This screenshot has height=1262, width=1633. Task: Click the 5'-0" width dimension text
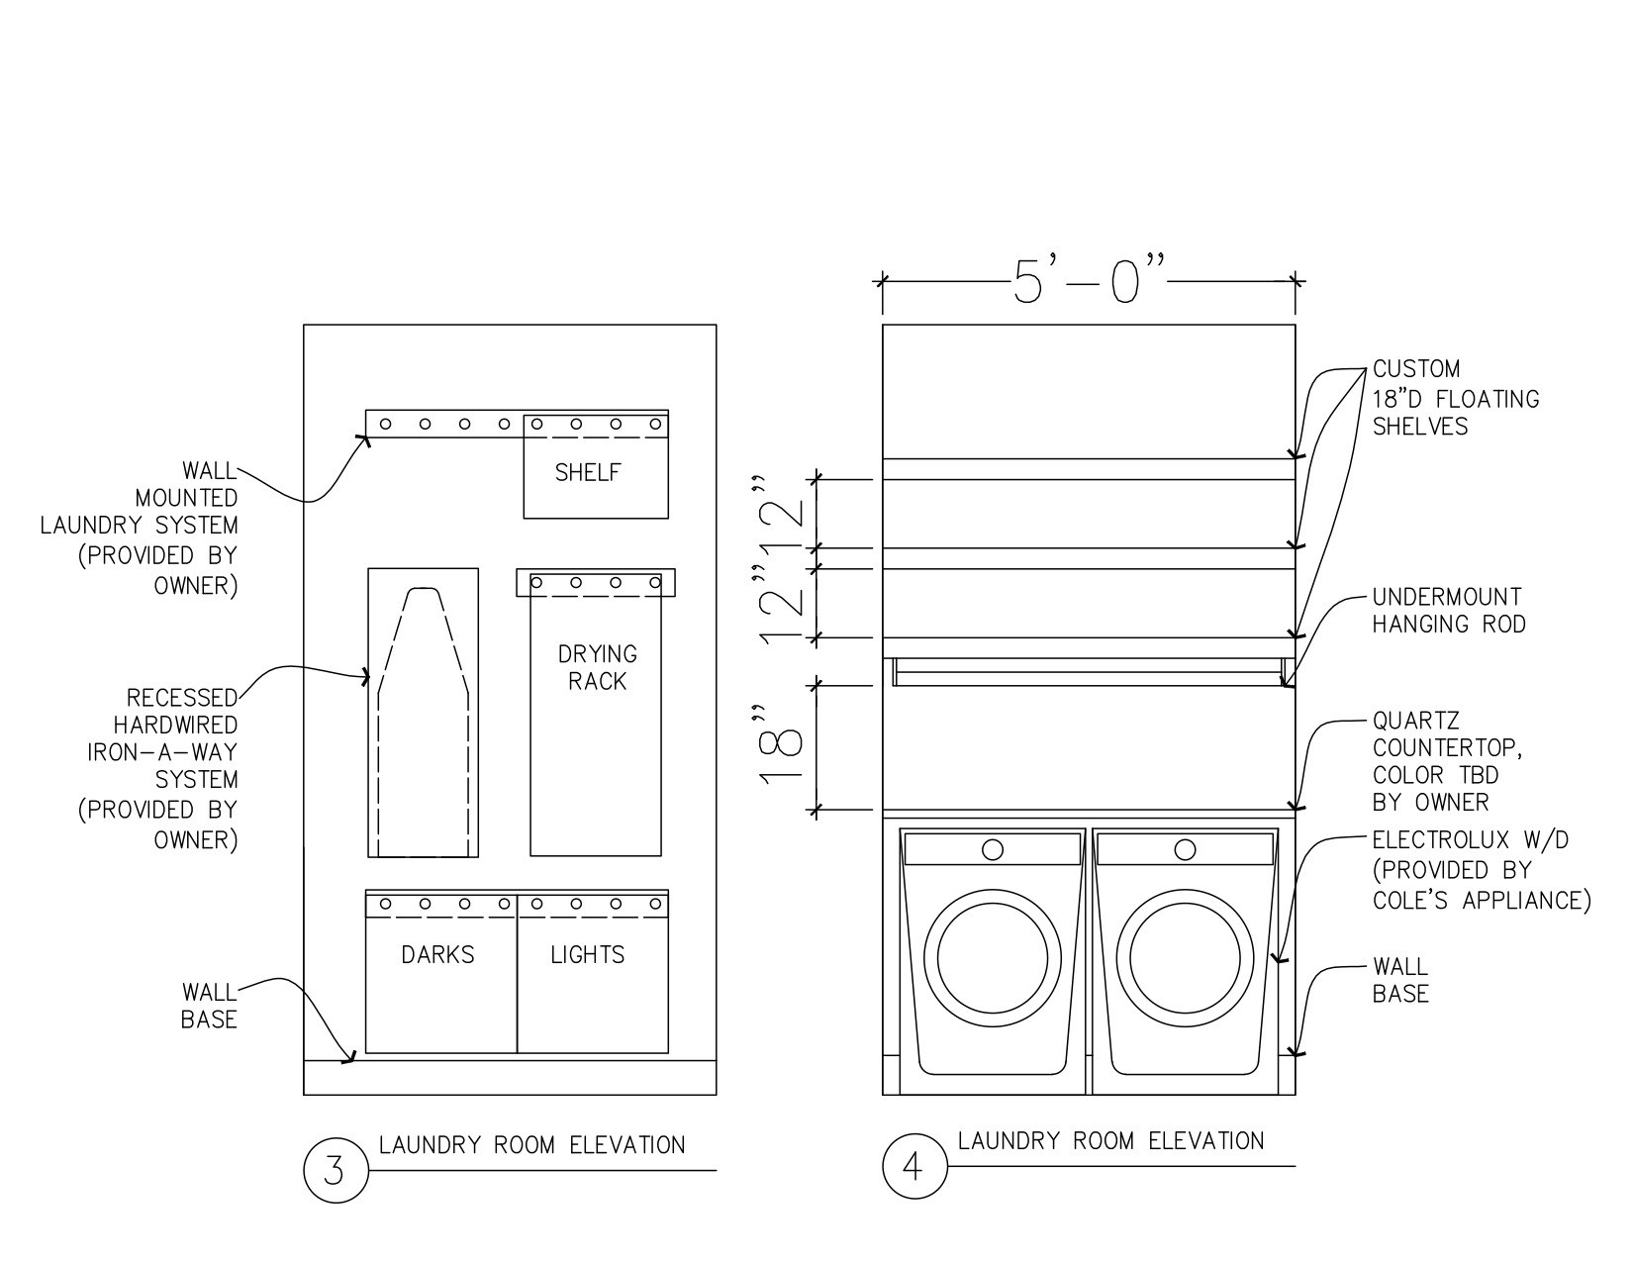click(1089, 281)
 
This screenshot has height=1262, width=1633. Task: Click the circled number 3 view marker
click(335, 1170)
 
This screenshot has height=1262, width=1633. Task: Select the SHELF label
click(588, 473)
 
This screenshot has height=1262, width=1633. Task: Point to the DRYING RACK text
click(597, 667)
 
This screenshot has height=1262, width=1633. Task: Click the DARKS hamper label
click(437, 955)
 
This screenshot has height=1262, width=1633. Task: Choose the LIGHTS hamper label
click(588, 955)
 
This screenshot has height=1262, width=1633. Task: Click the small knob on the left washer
click(992, 849)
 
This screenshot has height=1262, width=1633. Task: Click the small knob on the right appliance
click(1184, 849)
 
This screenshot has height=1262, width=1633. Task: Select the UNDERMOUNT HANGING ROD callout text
click(1447, 611)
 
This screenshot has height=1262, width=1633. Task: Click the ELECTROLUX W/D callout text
click(1479, 870)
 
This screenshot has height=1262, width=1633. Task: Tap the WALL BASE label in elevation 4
click(1399, 980)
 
